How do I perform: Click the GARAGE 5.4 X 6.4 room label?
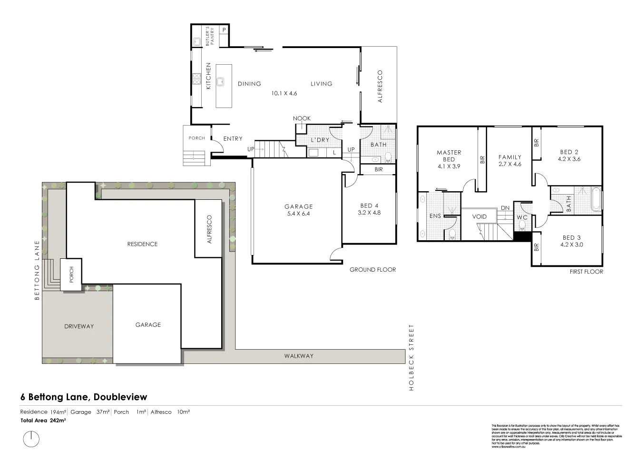coord(299,210)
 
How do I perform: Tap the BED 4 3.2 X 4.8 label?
coord(369,209)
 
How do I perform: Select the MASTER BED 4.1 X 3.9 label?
coord(449,159)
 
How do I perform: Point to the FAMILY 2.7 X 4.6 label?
coord(509,160)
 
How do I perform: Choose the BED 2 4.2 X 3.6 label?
coord(569,156)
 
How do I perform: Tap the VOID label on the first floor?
coord(479,216)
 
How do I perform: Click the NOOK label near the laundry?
coord(302,118)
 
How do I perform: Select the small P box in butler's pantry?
coord(224,30)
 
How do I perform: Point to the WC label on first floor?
coord(522,217)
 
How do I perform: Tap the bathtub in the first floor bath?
coord(595,199)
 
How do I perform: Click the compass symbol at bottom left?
coord(31,438)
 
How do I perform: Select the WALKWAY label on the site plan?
coord(299,356)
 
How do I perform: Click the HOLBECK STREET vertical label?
coord(412,357)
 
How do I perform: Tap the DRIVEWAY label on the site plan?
coord(79,326)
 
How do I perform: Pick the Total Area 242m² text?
coord(43,421)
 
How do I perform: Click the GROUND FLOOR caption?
coord(372,270)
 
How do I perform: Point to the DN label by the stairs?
coord(505,208)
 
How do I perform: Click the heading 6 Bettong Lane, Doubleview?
coord(84,397)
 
